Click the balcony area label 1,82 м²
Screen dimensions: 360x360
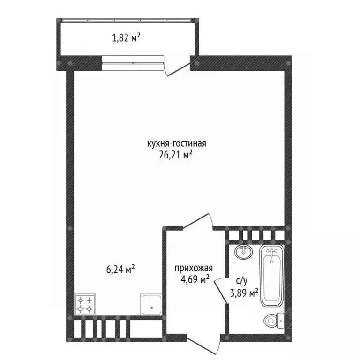[x=126, y=38]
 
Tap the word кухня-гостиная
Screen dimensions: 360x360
[x=177, y=143]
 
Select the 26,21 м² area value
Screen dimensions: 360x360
[x=176, y=155]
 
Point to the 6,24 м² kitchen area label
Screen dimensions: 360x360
[x=120, y=269]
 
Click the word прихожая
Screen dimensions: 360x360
[x=194, y=268]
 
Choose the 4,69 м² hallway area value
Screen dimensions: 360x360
[x=195, y=279]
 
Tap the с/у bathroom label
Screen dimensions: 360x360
[x=242, y=281]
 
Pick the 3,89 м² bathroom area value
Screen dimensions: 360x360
[x=244, y=292]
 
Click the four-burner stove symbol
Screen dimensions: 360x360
[x=85, y=304]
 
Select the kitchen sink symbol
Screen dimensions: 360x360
[x=151, y=304]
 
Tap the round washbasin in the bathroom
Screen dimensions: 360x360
[x=244, y=252]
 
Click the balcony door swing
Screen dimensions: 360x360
[x=177, y=67]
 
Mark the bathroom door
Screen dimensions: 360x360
[x=221, y=291]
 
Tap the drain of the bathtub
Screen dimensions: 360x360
[x=272, y=262]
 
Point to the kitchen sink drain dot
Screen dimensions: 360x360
[x=151, y=307]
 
